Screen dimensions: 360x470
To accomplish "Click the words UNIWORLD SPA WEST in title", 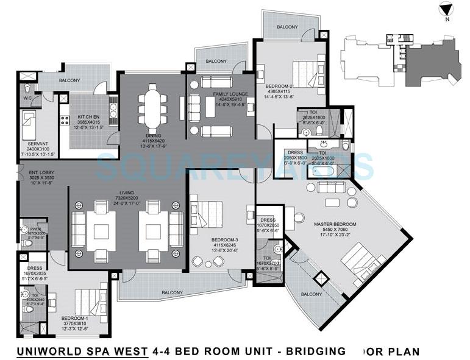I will (82, 351).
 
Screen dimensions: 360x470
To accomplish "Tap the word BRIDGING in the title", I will (317, 351).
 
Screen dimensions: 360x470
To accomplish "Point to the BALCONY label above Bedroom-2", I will (287, 27).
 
